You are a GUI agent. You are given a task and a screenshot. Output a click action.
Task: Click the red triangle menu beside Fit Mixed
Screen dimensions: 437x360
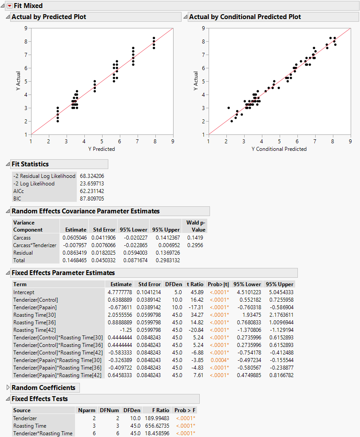coord(9,6)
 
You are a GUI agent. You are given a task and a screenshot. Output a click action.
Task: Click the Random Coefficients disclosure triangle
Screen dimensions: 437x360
coord(7,388)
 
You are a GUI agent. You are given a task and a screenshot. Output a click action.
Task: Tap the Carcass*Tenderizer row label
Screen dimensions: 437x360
coord(35,245)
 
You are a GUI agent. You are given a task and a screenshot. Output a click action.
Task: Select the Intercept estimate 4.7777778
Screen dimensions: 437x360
coord(120,292)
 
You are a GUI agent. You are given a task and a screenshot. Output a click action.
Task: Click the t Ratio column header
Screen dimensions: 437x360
coord(194,284)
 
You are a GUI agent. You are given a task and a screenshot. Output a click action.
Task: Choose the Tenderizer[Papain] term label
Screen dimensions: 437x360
coord(35,307)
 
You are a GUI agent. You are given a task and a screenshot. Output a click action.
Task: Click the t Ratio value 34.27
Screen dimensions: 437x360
coord(196,315)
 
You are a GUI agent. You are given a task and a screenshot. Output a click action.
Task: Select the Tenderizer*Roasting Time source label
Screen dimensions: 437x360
coord(43,433)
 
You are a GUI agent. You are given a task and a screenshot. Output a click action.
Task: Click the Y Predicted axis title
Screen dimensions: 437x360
coord(102,149)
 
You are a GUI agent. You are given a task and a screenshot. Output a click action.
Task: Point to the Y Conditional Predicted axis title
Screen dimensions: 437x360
coord(279,149)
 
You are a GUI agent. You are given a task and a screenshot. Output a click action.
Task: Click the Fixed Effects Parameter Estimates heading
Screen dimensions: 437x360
coord(63,273)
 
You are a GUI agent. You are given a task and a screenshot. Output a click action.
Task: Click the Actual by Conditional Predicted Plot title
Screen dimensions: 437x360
coord(245,17)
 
